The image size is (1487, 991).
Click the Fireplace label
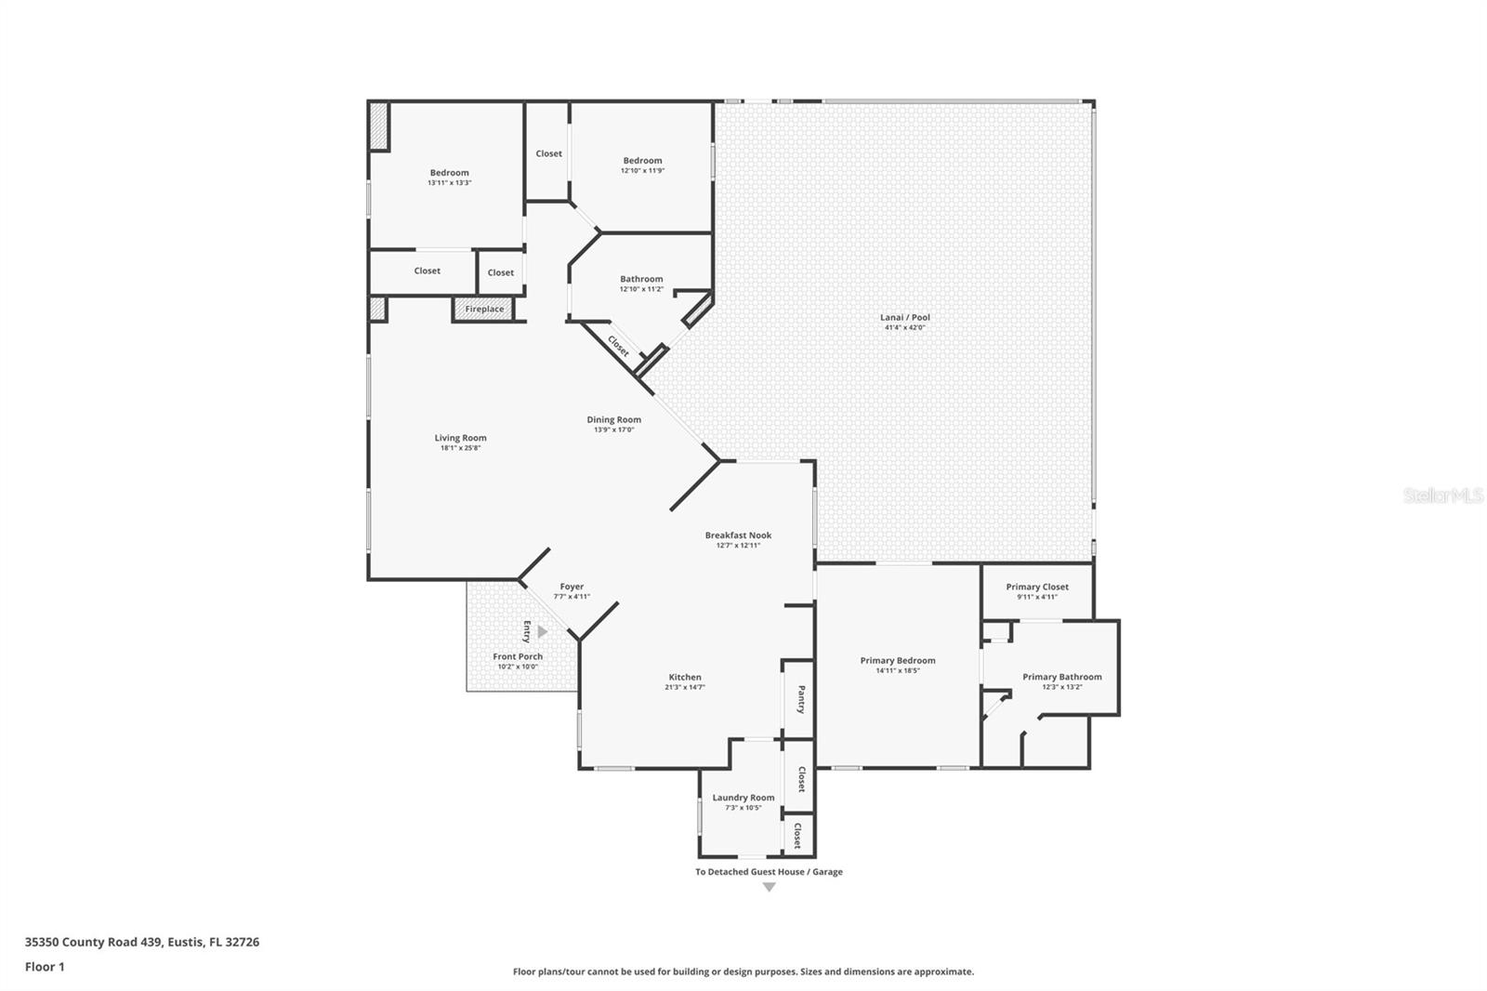point(484,310)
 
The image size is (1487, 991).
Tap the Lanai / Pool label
point(904,317)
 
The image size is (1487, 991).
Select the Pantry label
point(800,699)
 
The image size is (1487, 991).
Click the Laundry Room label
point(743,798)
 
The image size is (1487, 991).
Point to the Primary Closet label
point(1036,587)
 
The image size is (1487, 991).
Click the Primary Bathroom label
point(1061,677)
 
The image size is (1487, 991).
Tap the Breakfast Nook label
point(738,535)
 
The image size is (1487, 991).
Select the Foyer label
point(572,587)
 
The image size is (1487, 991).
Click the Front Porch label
point(518,656)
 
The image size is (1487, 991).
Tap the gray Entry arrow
point(542,632)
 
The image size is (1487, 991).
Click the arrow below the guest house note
point(769,887)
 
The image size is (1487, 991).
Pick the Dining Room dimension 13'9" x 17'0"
point(613,429)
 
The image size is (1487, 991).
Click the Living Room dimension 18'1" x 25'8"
point(460,448)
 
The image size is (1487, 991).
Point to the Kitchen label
point(685,677)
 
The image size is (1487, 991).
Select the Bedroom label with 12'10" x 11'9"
point(642,161)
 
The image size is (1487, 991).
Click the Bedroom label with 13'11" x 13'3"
point(449,173)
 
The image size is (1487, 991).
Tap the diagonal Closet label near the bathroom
point(618,346)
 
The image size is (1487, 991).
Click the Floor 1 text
point(45,967)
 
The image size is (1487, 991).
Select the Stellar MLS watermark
point(1442,496)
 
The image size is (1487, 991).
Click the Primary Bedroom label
point(897,661)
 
